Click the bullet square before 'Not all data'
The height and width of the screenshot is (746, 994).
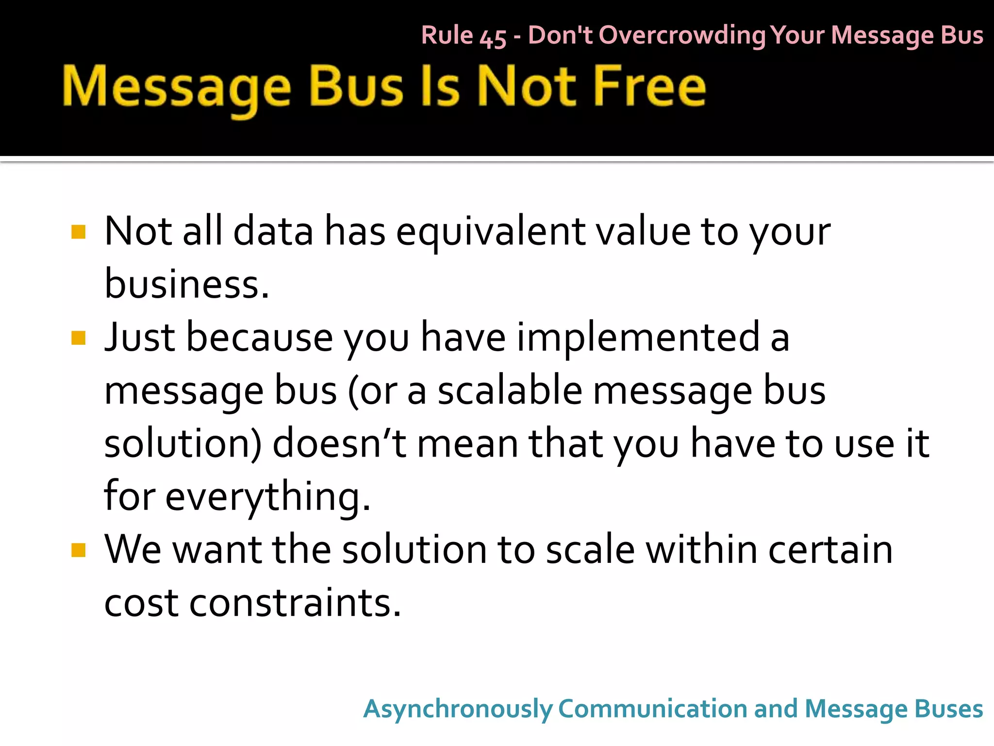click(x=78, y=232)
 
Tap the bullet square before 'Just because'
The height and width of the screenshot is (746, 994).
click(x=78, y=338)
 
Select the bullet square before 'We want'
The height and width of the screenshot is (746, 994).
click(x=78, y=550)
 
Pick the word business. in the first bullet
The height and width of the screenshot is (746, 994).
click(x=187, y=284)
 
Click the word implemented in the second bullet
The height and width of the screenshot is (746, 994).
click(x=638, y=337)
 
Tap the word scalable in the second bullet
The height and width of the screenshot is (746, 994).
click(x=510, y=390)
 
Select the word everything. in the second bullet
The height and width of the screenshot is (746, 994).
click(x=268, y=496)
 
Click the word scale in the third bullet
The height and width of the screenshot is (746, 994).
click(x=590, y=550)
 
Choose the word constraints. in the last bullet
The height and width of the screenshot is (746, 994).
click(x=295, y=603)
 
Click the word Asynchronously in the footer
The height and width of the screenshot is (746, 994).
click(x=458, y=709)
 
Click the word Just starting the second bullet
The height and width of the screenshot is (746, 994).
click(x=140, y=337)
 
